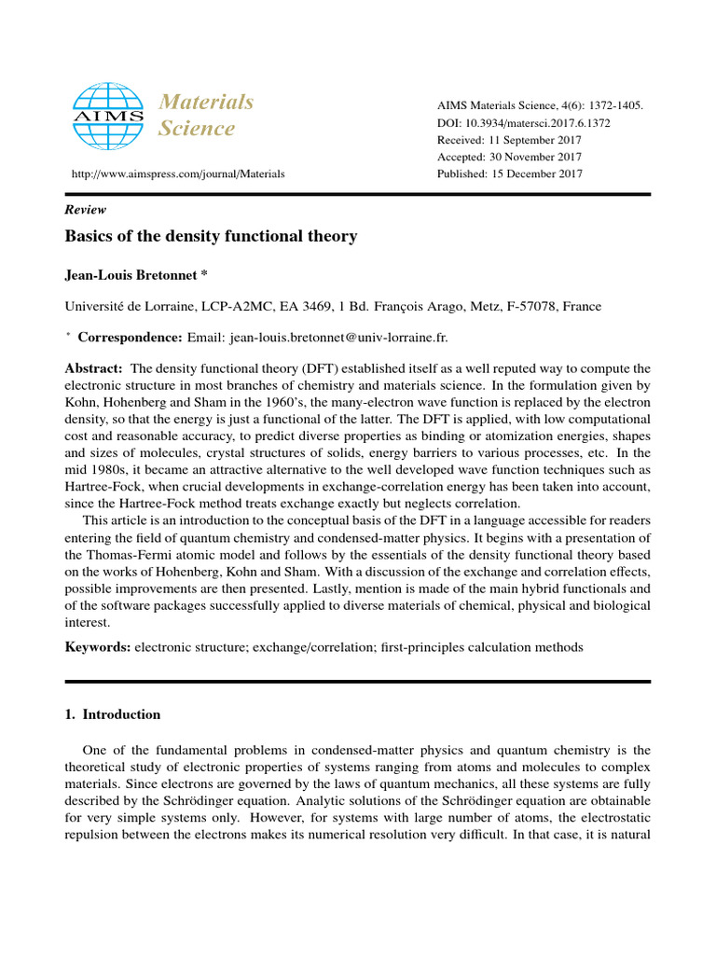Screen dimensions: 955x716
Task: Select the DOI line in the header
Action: coord(524,123)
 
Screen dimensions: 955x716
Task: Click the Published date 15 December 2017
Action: coord(510,173)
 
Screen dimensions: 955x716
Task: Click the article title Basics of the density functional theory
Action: coord(211,237)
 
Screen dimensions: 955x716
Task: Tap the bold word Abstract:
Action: coord(93,369)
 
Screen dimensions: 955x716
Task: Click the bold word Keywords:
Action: coord(98,646)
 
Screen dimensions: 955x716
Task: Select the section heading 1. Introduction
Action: coord(112,714)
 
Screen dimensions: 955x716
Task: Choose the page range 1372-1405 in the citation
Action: coord(611,106)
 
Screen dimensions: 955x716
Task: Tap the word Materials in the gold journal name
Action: coord(206,102)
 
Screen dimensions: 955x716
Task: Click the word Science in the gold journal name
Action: coord(196,129)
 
